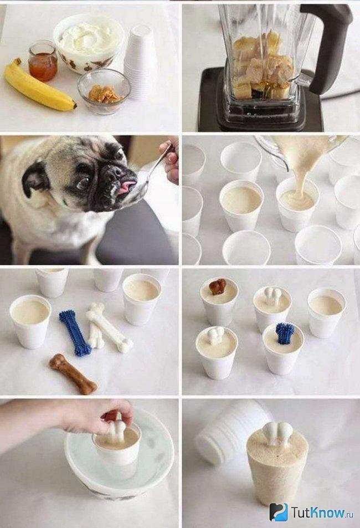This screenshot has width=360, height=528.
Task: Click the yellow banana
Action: click(37, 86)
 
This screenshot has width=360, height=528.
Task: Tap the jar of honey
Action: click(43, 61)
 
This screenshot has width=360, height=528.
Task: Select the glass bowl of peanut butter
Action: click(104, 90)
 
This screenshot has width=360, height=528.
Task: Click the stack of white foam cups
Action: click(140, 61)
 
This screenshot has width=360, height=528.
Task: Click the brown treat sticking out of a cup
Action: click(218, 287)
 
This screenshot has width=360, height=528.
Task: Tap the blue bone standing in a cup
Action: click(285, 334)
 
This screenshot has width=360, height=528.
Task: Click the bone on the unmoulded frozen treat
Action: click(278, 435)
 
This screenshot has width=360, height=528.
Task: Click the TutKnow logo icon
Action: click(278, 512)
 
